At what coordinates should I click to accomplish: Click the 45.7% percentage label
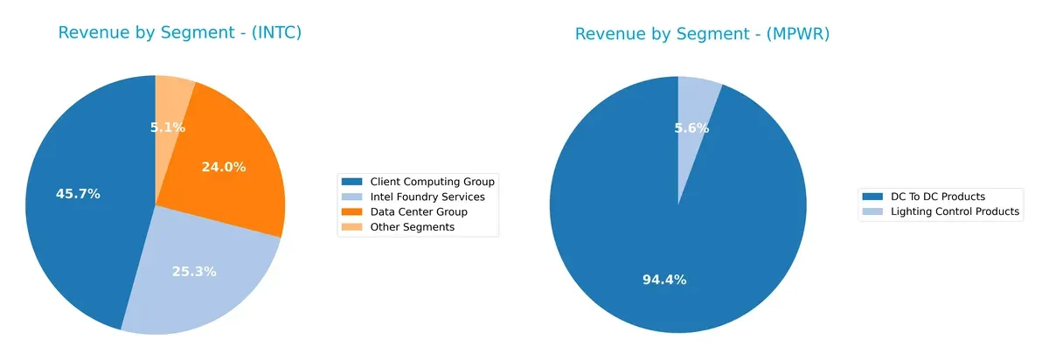[x=78, y=194]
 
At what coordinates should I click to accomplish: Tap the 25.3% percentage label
[x=194, y=272]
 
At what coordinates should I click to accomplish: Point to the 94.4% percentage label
[x=664, y=280]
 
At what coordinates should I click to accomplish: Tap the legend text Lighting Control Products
[x=955, y=211]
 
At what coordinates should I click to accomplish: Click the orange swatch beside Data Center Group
[x=352, y=211]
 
